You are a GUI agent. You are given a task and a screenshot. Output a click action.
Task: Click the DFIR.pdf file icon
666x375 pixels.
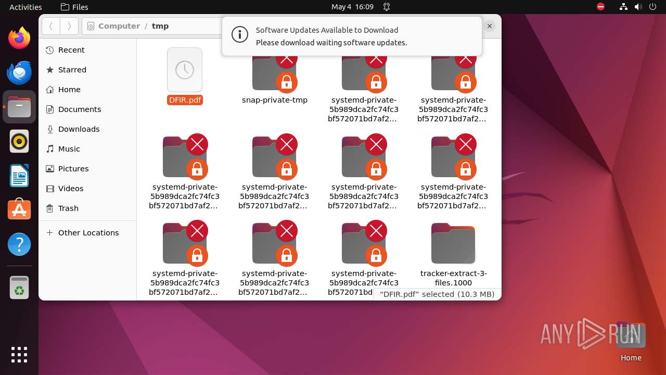[x=185, y=70]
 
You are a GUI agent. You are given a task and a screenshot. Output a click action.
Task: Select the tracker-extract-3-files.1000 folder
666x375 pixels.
[x=453, y=244]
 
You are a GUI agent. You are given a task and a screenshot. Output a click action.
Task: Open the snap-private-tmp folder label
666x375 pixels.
[x=275, y=100]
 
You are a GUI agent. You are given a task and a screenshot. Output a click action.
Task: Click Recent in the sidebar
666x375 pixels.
[x=71, y=50]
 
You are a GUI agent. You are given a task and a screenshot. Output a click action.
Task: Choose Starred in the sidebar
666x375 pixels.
[x=72, y=70]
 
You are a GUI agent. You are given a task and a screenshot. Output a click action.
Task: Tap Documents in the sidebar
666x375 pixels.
[x=79, y=109]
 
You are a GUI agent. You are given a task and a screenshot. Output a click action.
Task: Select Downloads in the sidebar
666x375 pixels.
[x=79, y=129]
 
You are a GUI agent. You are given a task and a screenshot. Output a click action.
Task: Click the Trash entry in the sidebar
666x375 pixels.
[x=68, y=208]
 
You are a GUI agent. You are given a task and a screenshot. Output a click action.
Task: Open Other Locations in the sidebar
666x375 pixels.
[x=88, y=233]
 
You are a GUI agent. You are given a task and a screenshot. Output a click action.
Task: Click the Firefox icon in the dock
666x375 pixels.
[x=19, y=38]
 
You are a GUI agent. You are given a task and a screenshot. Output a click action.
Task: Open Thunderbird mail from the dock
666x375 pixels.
[x=19, y=72]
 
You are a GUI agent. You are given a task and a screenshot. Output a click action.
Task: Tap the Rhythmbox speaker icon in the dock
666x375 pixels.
[x=19, y=141]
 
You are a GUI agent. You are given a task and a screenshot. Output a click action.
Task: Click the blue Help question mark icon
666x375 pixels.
[x=19, y=244]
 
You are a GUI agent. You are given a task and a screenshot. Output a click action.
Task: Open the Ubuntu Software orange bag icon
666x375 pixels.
[x=19, y=210]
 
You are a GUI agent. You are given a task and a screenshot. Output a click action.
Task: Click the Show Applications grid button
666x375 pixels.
[x=19, y=355]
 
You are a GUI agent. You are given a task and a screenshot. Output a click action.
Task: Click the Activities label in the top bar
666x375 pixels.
[x=25, y=7]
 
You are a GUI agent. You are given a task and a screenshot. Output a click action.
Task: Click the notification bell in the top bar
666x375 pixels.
[x=387, y=7]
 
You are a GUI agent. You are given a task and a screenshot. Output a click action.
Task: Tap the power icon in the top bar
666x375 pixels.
[x=653, y=7]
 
